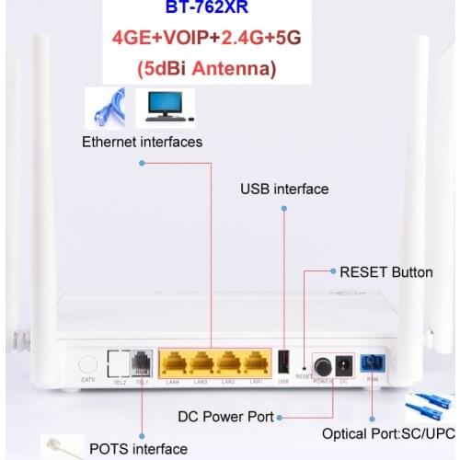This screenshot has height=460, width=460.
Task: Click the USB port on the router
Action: [x=284, y=362]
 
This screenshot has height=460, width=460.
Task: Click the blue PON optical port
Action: [x=373, y=362]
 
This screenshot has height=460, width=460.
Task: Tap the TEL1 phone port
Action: [x=141, y=362]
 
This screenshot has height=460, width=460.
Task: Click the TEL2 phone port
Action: [x=118, y=362]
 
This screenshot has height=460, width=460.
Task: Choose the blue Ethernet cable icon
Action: [x=109, y=109]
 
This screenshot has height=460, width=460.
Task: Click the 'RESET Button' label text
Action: [x=386, y=272]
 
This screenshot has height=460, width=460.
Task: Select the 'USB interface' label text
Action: [x=284, y=189]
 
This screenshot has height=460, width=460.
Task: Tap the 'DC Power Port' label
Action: [x=226, y=417]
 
